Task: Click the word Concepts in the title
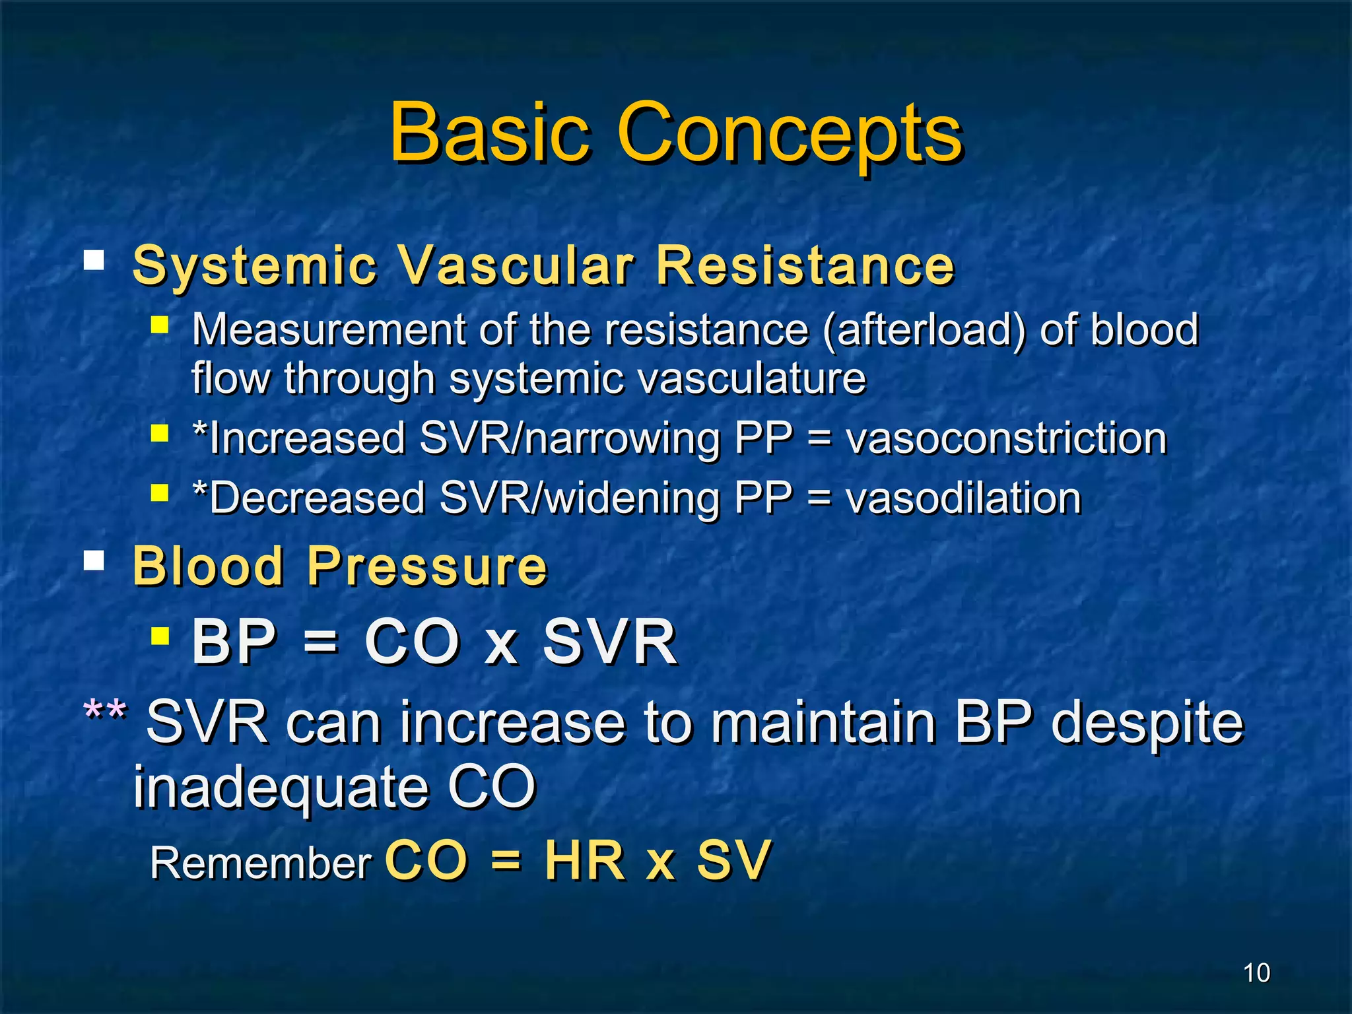789,135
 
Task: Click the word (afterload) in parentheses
924,329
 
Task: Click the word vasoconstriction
1006,438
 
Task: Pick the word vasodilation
963,498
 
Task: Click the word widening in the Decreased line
633,499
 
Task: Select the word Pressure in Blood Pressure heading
427,566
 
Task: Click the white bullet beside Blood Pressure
94,560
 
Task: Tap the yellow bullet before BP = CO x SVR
160,636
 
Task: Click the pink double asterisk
105,713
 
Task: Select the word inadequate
281,787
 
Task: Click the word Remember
261,863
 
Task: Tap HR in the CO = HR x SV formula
585,861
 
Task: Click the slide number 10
1256,973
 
